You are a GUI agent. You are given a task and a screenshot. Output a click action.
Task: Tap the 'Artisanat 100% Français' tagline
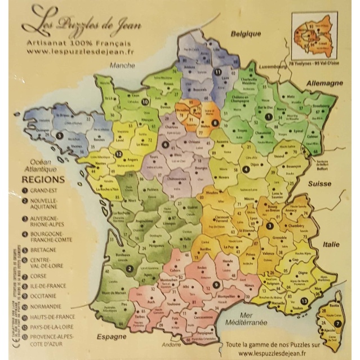click(74, 42)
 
